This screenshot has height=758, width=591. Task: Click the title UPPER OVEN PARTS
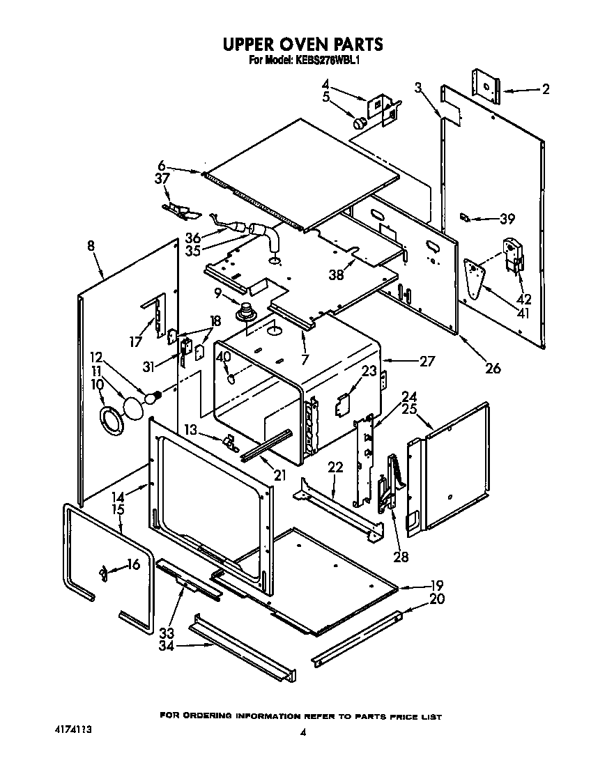(x=302, y=44)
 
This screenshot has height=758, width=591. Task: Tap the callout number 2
(x=546, y=89)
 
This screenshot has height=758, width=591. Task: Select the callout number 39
(x=507, y=219)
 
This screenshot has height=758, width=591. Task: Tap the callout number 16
(x=133, y=564)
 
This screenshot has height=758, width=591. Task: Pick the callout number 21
(x=280, y=475)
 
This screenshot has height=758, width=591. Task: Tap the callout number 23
(x=369, y=371)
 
